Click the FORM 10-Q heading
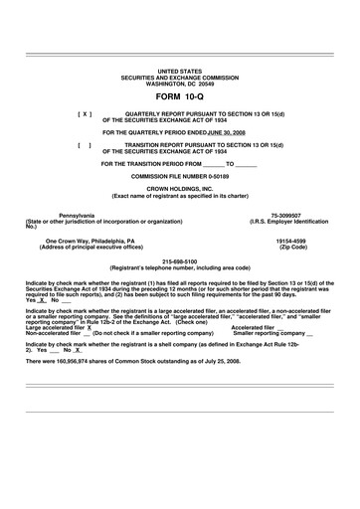click(x=179, y=97)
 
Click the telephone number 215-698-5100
click(x=179, y=262)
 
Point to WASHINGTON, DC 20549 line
click(x=179, y=84)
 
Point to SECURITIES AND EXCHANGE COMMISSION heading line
click(x=179, y=79)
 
